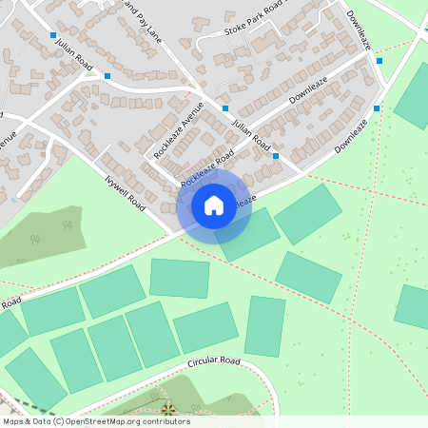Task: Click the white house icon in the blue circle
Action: (x=214, y=204)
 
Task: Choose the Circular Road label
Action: (x=214, y=361)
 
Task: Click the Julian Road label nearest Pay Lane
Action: (x=72, y=54)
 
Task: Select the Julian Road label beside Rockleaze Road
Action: (x=251, y=132)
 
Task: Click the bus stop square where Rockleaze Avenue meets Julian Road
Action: (x=225, y=108)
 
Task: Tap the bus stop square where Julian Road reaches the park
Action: (x=276, y=155)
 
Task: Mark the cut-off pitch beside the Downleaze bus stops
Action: (x=416, y=96)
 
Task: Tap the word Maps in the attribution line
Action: (x=12, y=421)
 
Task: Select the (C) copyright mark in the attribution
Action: (x=58, y=421)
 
